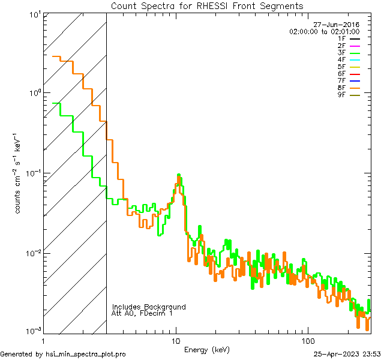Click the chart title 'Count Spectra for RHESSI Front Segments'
[x=207, y=6]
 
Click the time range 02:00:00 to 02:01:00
[x=324, y=31]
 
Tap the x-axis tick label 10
[x=176, y=340]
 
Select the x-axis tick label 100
[x=308, y=340]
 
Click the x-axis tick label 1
[x=44, y=340]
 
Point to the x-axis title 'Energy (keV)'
[x=207, y=349]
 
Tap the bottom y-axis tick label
[x=33, y=331]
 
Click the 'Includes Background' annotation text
[x=149, y=307]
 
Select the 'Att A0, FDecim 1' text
[x=142, y=313]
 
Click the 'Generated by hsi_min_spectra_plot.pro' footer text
[x=63, y=354]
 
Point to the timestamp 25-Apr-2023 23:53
[x=347, y=354]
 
